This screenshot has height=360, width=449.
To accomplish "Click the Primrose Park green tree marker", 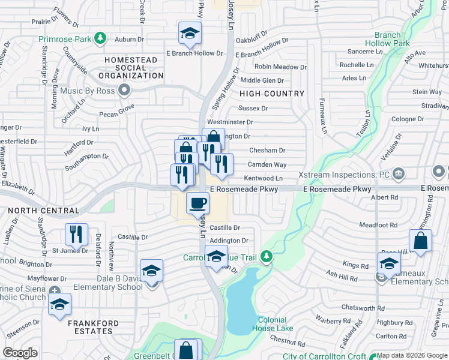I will [x=101, y=39].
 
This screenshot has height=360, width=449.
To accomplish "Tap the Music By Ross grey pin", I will [x=124, y=91].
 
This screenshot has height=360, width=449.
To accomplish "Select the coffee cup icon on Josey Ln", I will [x=197, y=203].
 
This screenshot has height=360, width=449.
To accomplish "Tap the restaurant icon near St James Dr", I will [x=76, y=234].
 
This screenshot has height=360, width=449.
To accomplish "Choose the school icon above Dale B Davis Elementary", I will [x=152, y=271].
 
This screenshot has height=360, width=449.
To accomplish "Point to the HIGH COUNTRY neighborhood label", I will [x=272, y=94].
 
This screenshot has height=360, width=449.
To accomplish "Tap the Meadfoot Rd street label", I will [x=378, y=225].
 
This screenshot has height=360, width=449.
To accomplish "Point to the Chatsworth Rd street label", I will [x=366, y=307].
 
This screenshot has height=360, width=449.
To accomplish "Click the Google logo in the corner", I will [x=20, y=353].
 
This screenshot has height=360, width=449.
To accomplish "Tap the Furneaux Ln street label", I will [x=323, y=116].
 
